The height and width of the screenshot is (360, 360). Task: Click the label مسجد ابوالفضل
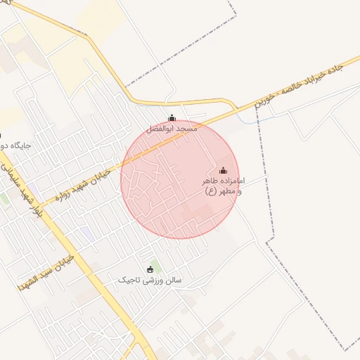[172, 129]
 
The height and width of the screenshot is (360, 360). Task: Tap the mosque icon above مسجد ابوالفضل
[172, 118]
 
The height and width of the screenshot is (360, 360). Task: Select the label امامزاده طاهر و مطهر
[222, 186]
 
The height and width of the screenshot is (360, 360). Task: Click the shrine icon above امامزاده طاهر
[224, 170]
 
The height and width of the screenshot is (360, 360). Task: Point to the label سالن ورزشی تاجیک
[149, 281]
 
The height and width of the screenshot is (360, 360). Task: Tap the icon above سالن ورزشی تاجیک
[149, 269]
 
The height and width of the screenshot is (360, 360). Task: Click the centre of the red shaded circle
[180, 179]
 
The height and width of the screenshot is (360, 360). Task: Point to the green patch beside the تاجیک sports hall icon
[156, 266]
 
